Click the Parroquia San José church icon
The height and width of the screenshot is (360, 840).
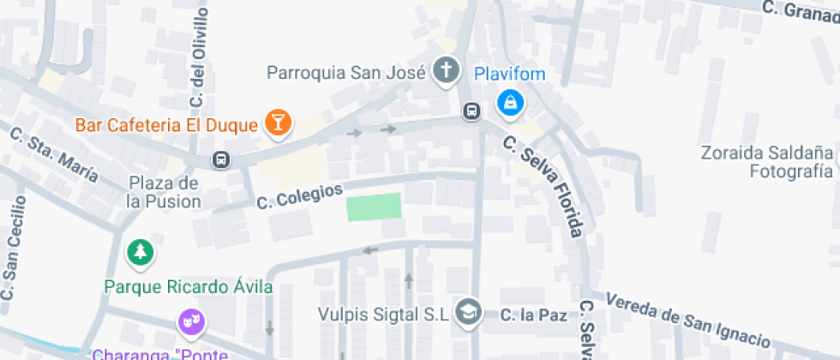point(446,71)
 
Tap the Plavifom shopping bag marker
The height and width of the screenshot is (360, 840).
point(511,104)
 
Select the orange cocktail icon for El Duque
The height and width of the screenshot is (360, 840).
point(278,123)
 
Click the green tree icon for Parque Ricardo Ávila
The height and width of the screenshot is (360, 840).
point(139,252)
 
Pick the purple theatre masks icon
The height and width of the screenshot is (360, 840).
point(190,322)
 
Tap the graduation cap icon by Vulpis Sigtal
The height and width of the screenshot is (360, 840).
point(468,314)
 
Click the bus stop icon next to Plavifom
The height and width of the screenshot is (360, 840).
point(471,111)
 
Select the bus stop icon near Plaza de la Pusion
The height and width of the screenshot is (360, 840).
point(221,159)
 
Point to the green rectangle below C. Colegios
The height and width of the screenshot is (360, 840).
point(374,207)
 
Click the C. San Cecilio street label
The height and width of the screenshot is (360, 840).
point(15,249)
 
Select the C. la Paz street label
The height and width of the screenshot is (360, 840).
point(533,315)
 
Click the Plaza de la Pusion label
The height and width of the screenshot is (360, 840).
point(163,193)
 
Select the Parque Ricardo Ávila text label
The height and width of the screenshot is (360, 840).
point(188,286)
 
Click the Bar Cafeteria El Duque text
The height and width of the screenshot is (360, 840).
point(166,125)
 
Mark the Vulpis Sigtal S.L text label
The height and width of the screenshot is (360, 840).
point(382,314)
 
